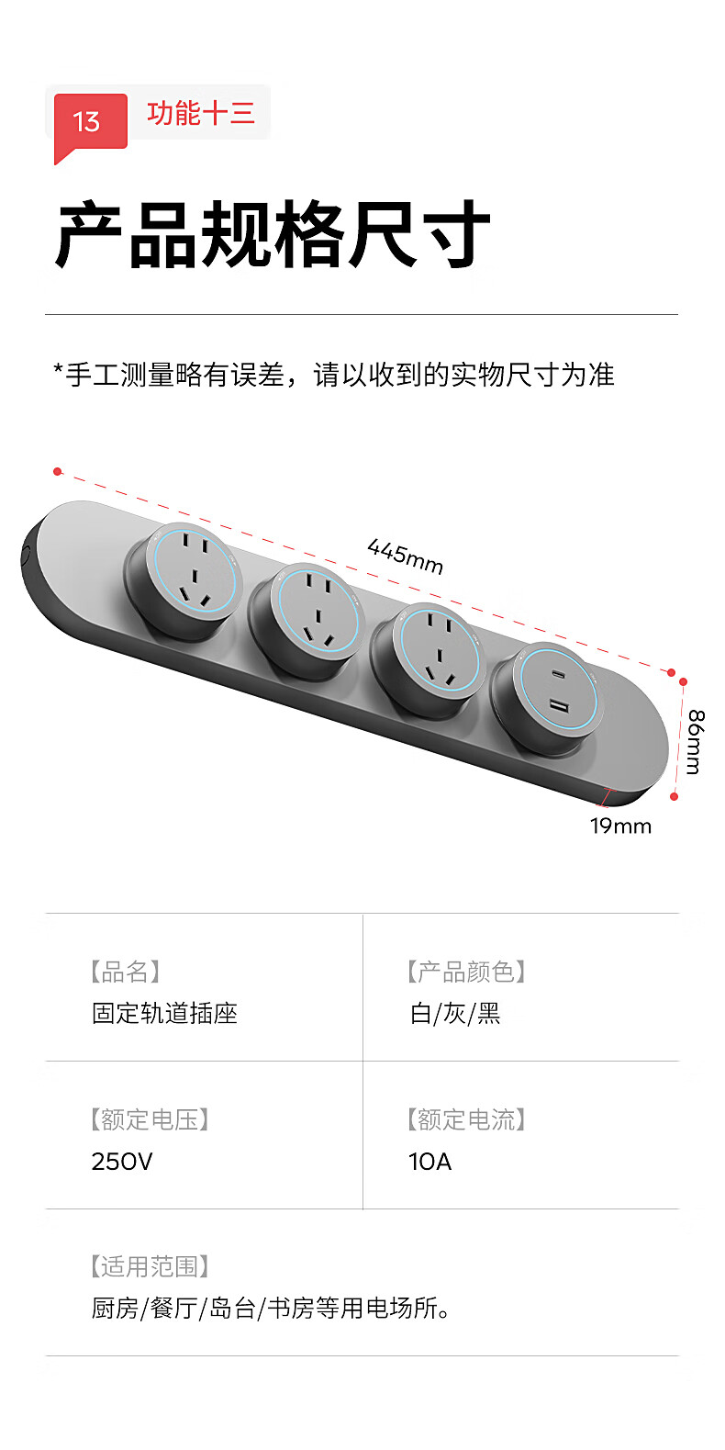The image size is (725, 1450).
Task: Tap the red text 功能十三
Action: pyautogui.click(x=200, y=113)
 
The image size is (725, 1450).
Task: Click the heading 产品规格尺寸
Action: pyautogui.click(x=273, y=234)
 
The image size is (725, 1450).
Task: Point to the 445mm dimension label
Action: pyautogui.click(x=406, y=556)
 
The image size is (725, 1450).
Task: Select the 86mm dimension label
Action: pyautogui.click(x=695, y=742)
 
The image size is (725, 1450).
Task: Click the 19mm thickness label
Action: pyautogui.click(x=620, y=826)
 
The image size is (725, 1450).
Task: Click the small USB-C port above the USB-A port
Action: pyautogui.click(x=559, y=674)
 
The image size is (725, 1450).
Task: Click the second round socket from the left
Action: pyautogui.click(x=306, y=620)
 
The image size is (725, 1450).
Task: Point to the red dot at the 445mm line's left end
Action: pyautogui.click(x=58, y=471)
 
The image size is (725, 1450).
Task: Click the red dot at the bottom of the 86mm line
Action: pyautogui.click(x=674, y=796)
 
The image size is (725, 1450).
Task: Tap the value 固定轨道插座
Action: pyautogui.click(x=164, y=1014)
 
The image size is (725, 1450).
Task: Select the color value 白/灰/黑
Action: pyautogui.click(x=455, y=1014)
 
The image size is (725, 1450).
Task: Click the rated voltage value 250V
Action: pyautogui.click(x=121, y=1162)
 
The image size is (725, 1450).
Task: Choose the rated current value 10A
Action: pyautogui.click(x=430, y=1162)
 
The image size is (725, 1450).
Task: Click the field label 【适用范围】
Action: pyautogui.click(x=150, y=1266)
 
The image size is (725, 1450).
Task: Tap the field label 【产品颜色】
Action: pyautogui.click(x=466, y=972)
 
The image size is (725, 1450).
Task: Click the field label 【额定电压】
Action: pyautogui.click(x=150, y=1119)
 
